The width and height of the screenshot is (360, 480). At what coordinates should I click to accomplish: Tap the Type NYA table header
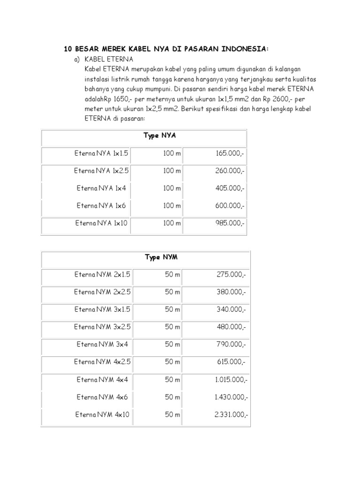[x=159, y=136]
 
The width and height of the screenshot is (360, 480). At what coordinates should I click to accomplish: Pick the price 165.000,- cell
[x=230, y=153]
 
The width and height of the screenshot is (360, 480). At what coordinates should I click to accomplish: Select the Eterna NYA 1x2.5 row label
[x=101, y=171]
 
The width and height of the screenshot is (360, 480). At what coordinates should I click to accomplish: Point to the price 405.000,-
[x=230, y=188]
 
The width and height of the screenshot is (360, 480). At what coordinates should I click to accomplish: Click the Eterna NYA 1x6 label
[x=101, y=205]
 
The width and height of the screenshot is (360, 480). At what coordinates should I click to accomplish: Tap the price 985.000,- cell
[x=230, y=223]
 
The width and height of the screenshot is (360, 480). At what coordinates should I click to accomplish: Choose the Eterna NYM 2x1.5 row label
[x=101, y=275]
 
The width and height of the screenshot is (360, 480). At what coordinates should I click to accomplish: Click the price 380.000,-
[x=231, y=292]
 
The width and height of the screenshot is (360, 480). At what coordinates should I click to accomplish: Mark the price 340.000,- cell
[x=231, y=309]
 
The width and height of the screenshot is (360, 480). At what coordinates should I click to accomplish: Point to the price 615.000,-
[x=231, y=362]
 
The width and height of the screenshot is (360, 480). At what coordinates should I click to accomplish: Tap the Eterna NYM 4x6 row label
[x=101, y=397]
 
